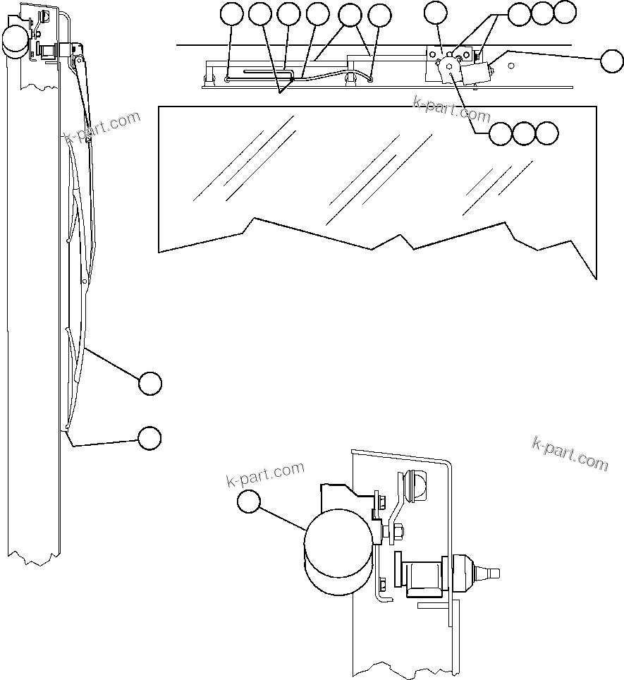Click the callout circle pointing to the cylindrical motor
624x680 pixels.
247,502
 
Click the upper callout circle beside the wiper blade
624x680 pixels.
149,383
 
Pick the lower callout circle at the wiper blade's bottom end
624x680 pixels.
149,437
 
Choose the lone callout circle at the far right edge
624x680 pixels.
611,61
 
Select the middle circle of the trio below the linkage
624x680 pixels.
524,133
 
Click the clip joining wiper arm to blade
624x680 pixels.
88,140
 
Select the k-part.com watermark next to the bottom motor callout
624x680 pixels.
265,474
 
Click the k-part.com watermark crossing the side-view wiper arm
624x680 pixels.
102,126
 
